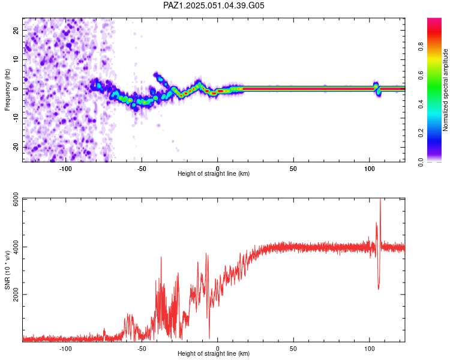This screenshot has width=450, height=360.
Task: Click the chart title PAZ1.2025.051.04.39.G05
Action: (214, 5)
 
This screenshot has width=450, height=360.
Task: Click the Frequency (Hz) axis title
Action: (7, 89)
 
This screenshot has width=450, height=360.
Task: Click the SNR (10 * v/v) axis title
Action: (7, 270)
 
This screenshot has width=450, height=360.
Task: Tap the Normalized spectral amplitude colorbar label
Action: (445, 90)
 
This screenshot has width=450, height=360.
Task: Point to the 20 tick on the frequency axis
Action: (16, 30)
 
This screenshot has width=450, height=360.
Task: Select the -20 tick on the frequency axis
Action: (15, 148)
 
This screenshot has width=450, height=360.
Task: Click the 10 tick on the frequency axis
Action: (16, 59)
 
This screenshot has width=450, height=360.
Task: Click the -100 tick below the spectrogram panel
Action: (65, 169)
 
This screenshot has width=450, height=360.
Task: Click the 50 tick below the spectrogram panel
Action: (293, 169)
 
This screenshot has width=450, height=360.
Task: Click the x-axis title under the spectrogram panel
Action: (214, 174)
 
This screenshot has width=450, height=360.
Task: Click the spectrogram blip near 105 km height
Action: (377, 88)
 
